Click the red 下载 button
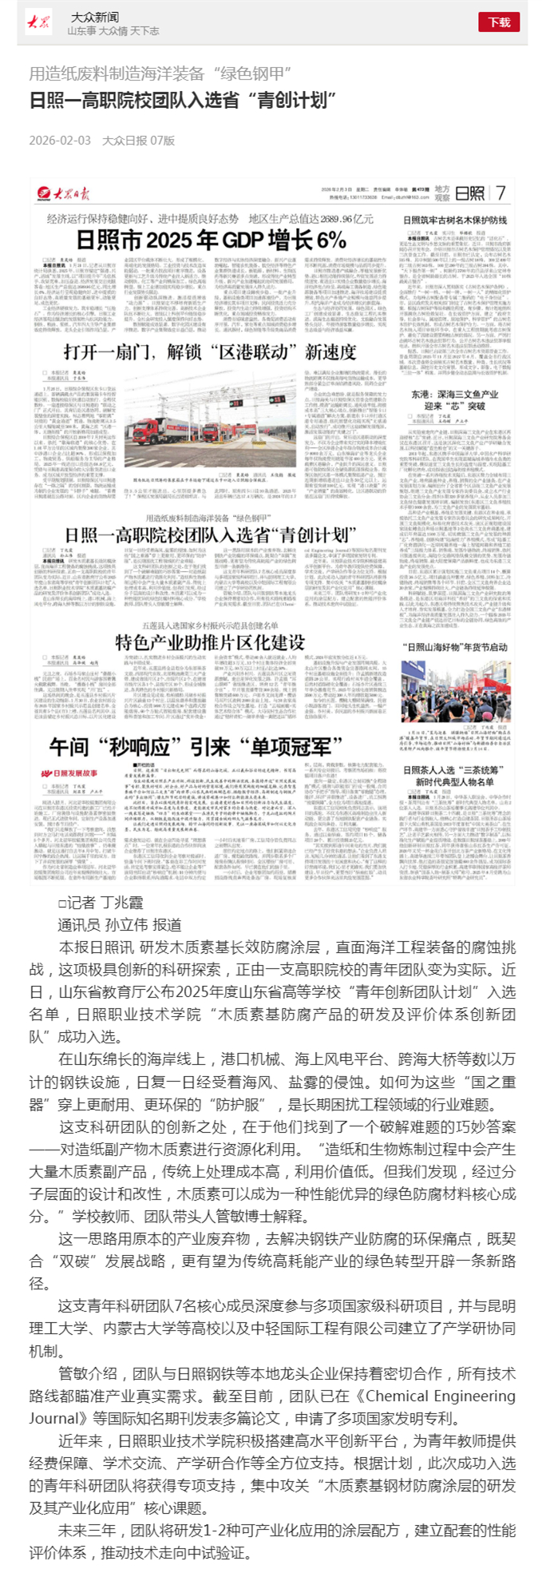[x=499, y=22]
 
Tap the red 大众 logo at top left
[x=38, y=22]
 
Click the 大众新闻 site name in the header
[x=94, y=17]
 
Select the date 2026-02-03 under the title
[x=60, y=141]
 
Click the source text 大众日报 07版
[x=138, y=141]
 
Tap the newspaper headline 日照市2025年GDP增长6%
[x=211, y=240]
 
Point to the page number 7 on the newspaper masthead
[x=500, y=193]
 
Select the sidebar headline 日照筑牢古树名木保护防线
[x=454, y=219]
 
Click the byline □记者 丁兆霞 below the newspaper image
[x=100, y=903]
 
